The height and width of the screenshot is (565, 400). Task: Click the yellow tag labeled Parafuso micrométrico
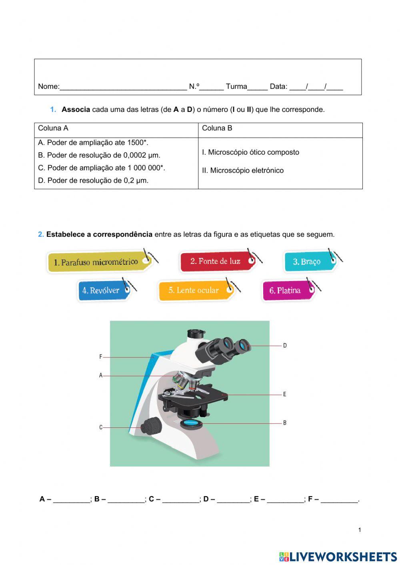pyautogui.click(x=98, y=262)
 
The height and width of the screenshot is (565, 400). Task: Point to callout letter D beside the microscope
pyautogui.click(x=285, y=345)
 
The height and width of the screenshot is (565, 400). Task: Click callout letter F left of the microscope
pyautogui.click(x=101, y=357)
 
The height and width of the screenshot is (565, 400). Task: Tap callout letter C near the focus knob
pyautogui.click(x=101, y=427)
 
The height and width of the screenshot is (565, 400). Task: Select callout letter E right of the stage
pyautogui.click(x=284, y=394)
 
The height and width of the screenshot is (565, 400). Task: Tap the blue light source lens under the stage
pyautogui.click(x=191, y=423)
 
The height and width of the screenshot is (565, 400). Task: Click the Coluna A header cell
pyautogui.click(x=53, y=128)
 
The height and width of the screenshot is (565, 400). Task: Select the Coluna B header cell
pyautogui.click(x=217, y=128)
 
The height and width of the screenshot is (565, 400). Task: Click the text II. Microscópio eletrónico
pyautogui.click(x=242, y=171)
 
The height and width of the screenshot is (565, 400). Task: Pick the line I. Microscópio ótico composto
pyautogui.click(x=250, y=152)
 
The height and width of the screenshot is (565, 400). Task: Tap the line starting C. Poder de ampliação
pyautogui.click(x=102, y=168)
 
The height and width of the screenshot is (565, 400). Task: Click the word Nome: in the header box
pyautogui.click(x=48, y=86)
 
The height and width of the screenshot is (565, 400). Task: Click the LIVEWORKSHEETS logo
pyautogui.click(x=338, y=557)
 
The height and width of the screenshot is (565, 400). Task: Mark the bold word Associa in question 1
pyautogui.click(x=76, y=110)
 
